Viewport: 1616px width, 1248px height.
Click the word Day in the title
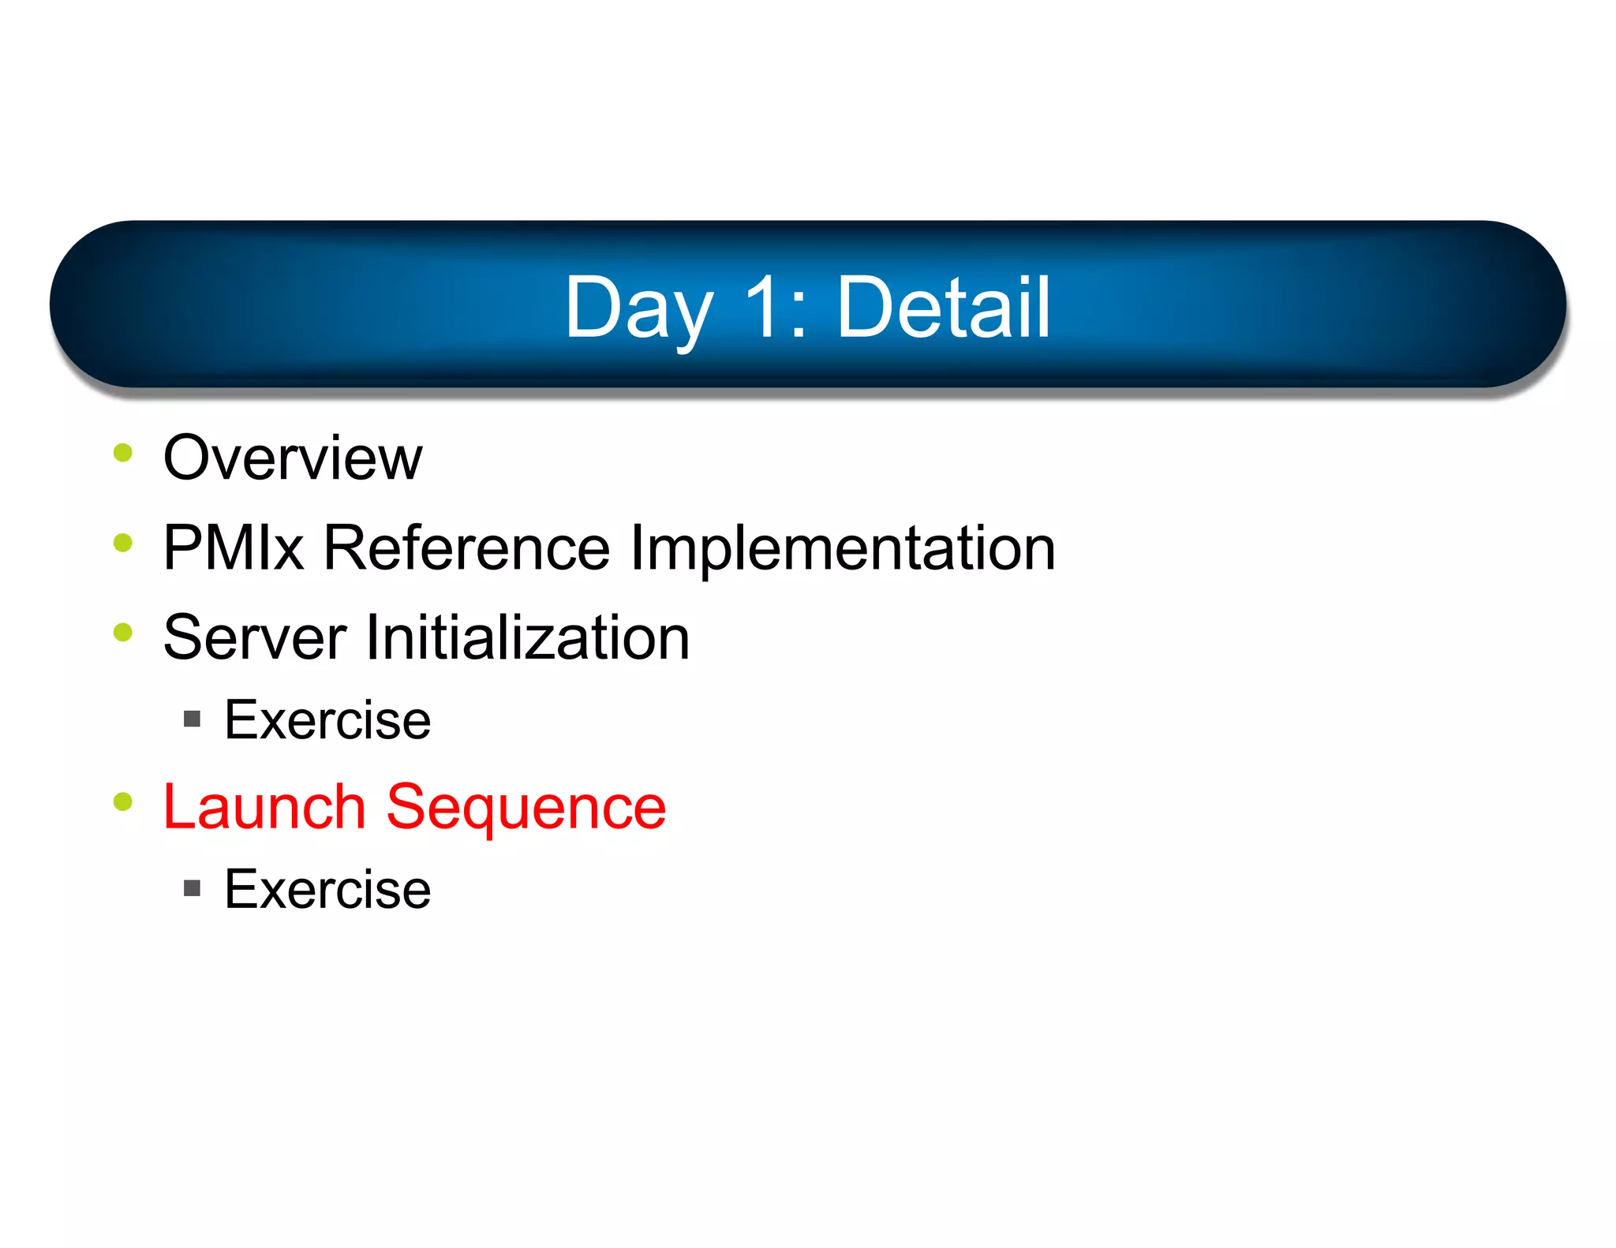(638, 309)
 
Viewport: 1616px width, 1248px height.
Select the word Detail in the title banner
(943, 308)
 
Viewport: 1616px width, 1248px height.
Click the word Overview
(293, 458)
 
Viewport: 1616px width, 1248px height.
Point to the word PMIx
(234, 547)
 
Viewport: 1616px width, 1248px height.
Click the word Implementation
(843, 549)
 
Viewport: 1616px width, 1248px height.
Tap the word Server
(255, 637)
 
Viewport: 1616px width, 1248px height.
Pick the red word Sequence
(526, 809)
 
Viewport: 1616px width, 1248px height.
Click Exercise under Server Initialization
(327, 720)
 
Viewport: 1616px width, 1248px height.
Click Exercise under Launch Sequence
(327, 890)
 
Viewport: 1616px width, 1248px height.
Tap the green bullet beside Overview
(123, 453)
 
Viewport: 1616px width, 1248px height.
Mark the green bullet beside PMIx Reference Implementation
(123, 543)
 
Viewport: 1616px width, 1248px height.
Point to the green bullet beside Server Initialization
(123, 632)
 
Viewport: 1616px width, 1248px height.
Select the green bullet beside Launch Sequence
(123, 801)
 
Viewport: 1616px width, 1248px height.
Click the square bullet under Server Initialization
(192, 719)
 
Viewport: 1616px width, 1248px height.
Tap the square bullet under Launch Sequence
(192, 889)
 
